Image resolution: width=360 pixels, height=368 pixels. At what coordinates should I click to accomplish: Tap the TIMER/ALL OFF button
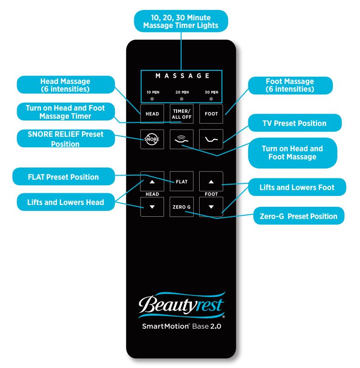pos(181,113)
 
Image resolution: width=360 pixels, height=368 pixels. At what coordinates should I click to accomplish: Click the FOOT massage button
pos(211,114)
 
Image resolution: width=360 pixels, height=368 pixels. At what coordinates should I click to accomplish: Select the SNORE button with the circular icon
pos(152,139)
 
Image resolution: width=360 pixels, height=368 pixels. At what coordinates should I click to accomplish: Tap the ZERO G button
pos(181,207)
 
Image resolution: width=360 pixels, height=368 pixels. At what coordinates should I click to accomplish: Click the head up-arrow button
pos(152,182)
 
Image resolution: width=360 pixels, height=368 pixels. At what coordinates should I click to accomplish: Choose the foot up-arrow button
pos(211,182)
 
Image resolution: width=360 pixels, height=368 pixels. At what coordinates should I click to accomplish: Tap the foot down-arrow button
pos(211,207)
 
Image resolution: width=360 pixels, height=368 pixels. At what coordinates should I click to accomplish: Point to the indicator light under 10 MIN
pos(152,98)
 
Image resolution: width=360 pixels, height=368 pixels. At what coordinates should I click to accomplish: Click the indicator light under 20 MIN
pos(182,98)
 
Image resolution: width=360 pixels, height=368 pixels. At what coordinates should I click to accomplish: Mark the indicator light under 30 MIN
pos(211,98)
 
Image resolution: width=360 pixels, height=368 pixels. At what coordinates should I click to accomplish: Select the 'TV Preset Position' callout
pos(294,123)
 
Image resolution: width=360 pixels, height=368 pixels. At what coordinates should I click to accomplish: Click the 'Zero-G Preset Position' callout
pos(299,216)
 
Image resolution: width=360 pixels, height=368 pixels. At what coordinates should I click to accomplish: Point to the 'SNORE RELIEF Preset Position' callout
pos(59,139)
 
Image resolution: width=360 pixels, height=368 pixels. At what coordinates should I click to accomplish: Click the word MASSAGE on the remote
pos(181,76)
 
